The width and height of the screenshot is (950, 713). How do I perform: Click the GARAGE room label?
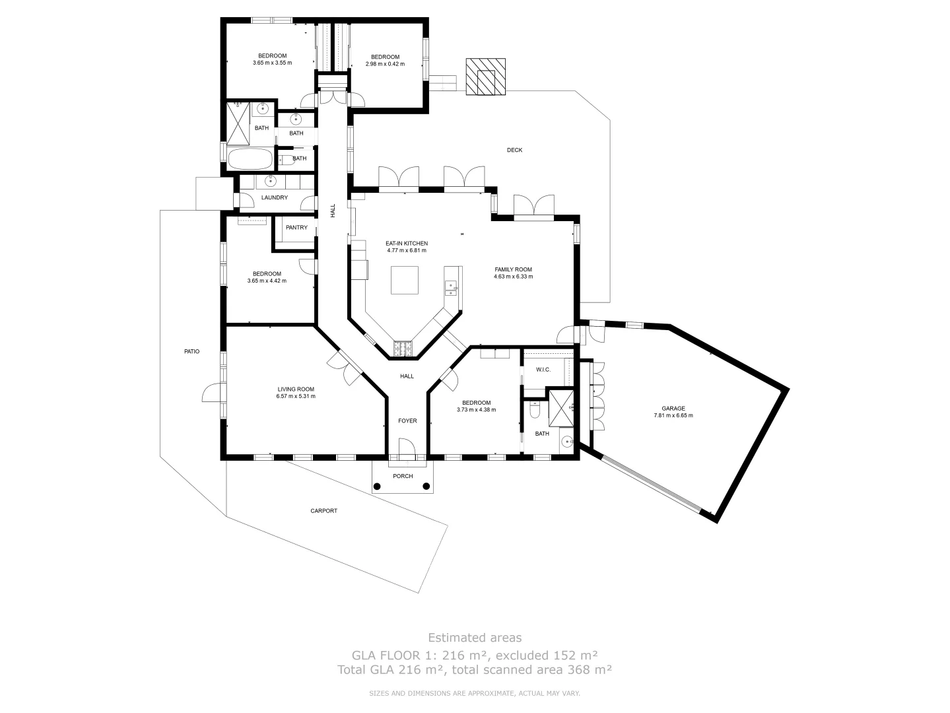(673, 408)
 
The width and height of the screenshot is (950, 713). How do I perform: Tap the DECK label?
(514, 150)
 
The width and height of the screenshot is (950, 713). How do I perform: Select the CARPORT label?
(323, 510)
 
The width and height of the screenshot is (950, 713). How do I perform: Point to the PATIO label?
(191, 351)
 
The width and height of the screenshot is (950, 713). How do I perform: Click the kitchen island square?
(404, 280)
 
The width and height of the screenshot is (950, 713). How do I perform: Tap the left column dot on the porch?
(377, 487)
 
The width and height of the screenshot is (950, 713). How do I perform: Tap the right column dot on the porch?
(426, 487)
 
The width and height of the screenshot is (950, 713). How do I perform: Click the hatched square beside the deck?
(486, 77)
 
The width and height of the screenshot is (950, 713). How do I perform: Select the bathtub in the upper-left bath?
(250, 159)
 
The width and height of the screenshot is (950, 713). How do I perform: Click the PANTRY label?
(296, 228)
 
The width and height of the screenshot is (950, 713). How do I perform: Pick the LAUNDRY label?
(274, 197)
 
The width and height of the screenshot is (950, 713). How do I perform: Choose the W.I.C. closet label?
(543, 369)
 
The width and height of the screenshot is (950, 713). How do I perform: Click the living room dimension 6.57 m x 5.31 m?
(296, 396)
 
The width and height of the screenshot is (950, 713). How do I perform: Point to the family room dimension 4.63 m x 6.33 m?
(513, 277)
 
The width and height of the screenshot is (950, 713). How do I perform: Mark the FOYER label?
(407, 421)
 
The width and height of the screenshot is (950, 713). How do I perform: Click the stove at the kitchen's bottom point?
(403, 349)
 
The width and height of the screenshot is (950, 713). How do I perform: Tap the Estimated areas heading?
(475, 637)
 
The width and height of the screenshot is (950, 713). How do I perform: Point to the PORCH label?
(403, 476)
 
